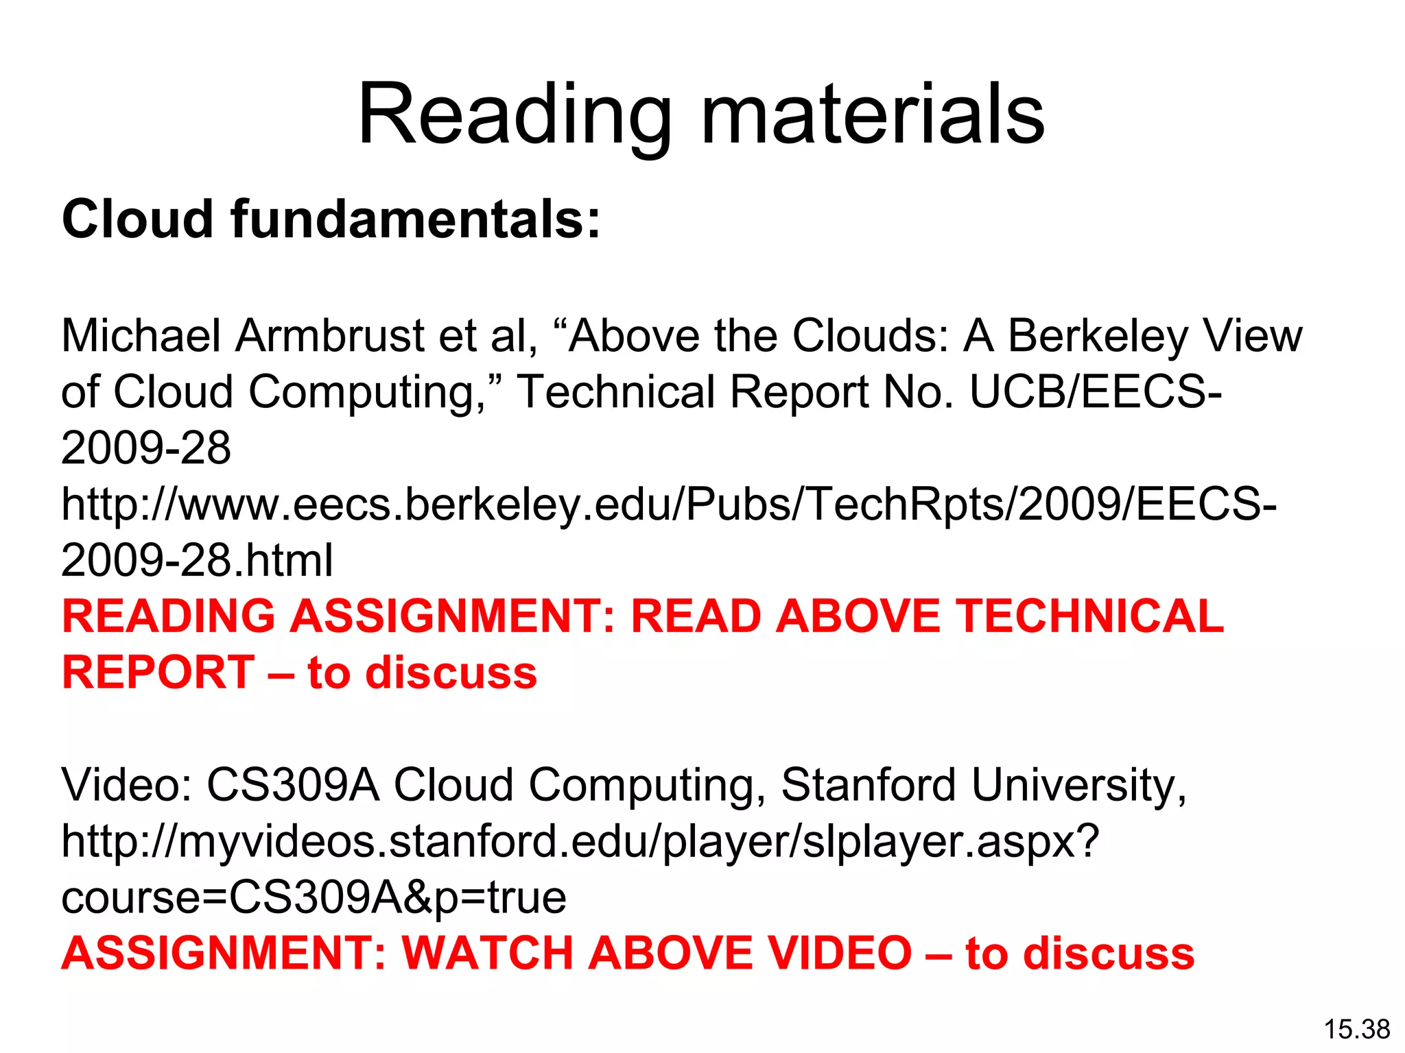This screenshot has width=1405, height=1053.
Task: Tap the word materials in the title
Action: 873,115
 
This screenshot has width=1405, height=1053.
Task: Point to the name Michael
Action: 141,336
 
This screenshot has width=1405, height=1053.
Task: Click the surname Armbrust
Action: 330,336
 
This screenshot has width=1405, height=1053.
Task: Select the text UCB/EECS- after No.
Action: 1095,392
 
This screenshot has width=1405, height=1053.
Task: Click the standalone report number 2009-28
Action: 146,448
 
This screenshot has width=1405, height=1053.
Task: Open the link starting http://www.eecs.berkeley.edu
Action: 669,505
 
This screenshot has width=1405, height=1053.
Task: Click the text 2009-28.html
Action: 197,561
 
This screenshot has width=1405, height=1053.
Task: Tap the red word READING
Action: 169,616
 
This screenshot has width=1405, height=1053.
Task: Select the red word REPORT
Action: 158,673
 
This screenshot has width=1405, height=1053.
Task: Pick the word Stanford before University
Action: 869,785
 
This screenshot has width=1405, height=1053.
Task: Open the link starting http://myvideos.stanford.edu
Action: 580,841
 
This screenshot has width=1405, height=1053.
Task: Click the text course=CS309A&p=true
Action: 314,897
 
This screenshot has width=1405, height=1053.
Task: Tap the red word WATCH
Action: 488,954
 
